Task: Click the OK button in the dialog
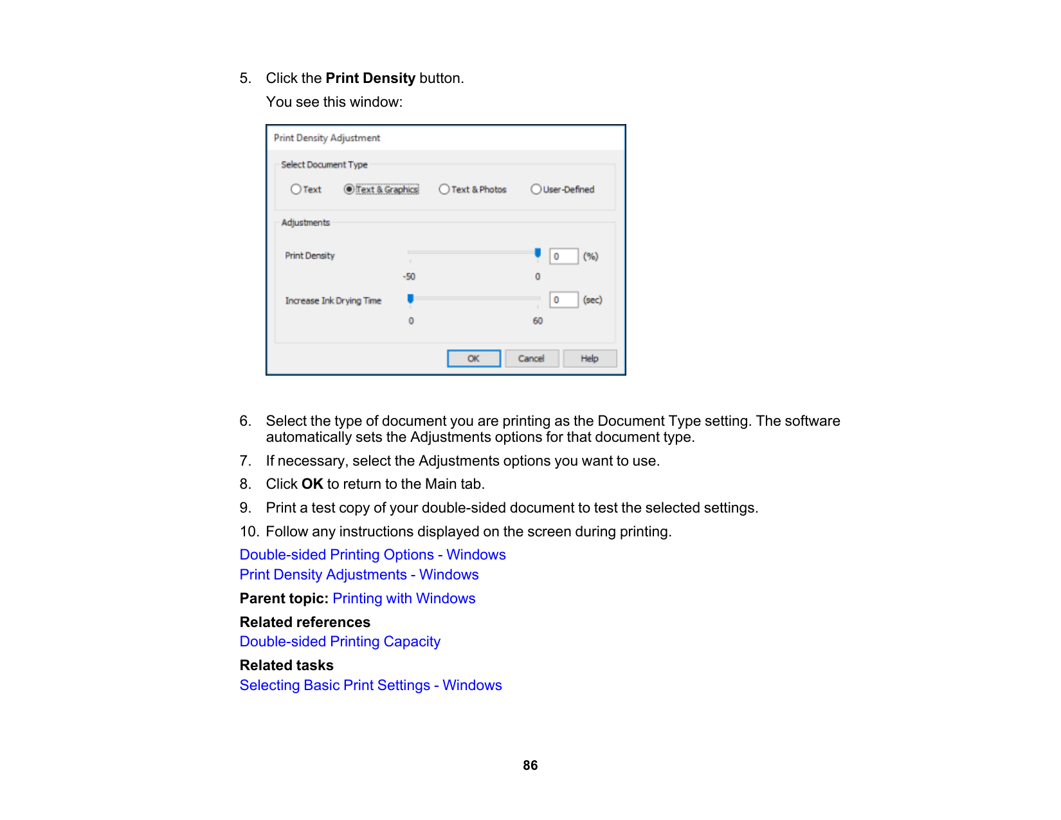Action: pyautogui.click(x=473, y=358)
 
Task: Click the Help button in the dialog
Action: pyautogui.click(x=589, y=358)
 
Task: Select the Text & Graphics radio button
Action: pyautogui.click(x=349, y=189)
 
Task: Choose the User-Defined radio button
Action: pyautogui.click(x=536, y=189)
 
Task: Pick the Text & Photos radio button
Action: pyautogui.click(x=444, y=189)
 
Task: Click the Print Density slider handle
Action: pyautogui.click(x=538, y=253)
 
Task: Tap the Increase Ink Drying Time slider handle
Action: pyautogui.click(x=410, y=298)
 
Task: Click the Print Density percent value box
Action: pyautogui.click(x=563, y=256)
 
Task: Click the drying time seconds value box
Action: pyautogui.click(x=563, y=300)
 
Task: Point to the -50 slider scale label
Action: pyautogui.click(x=409, y=277)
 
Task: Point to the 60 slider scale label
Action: pyautogui.click(x=538, y=321)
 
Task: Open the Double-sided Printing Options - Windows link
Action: pyautogui.click(x=372, y=554)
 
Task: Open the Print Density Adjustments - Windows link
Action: pyautogui.click(x=359, y=574)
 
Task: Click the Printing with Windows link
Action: pyautogui.click(x=404, y=598)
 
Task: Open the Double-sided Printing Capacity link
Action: pyautogui.click(x=340, y=641)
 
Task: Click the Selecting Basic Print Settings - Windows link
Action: pyautogui.click(x=370, y=685)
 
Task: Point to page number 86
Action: pyautogui.click(x=530, y=765)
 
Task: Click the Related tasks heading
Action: pyautogui.click(x=286, y=665)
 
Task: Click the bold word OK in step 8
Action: pyautogui.click(x=312, y=484)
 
